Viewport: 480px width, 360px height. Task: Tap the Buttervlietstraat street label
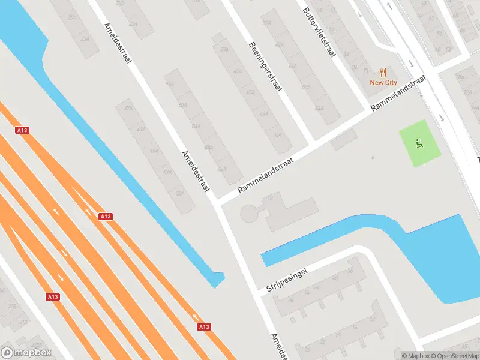(319, 33)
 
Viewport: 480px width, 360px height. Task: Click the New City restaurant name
(383, 83)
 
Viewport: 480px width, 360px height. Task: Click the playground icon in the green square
(420, 143)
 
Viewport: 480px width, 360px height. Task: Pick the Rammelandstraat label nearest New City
(398, 93)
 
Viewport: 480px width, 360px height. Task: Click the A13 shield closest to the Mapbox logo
(53, 296)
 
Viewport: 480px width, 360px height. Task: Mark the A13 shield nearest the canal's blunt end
(204, 326)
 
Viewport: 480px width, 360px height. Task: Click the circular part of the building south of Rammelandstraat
(249, 213)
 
